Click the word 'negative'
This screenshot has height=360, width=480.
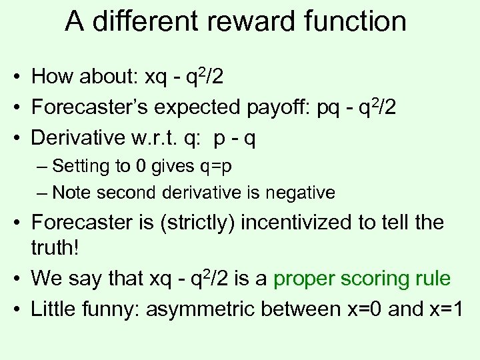(299, 193)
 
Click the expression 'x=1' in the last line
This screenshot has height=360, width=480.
(446, 309)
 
